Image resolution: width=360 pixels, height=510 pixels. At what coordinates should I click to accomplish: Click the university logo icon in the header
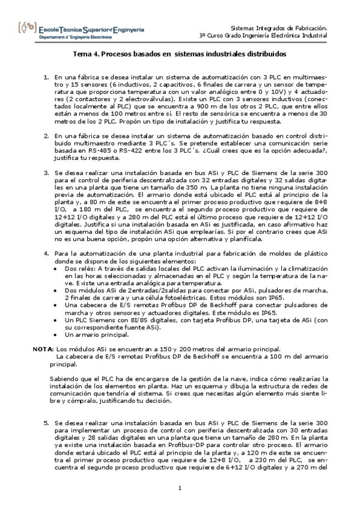(x=28, y=28)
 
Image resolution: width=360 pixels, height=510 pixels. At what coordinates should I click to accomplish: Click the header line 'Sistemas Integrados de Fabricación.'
(x=279, y=28)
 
